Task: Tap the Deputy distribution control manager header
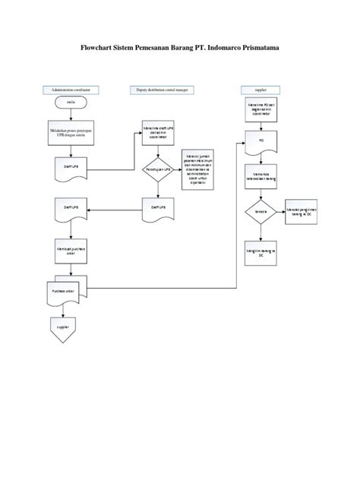(x=161, y=89)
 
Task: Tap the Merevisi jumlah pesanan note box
(x=195, y=169)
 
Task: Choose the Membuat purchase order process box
(x=68, y=251)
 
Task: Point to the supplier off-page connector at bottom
(x=64, y=327)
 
